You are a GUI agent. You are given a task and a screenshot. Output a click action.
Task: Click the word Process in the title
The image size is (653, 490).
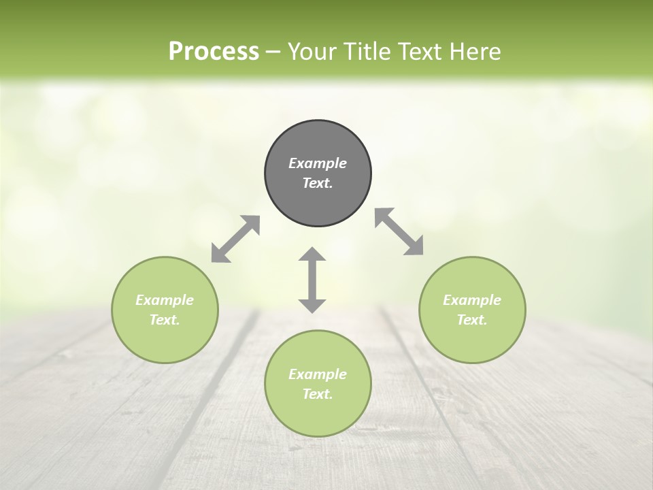coord(214,52)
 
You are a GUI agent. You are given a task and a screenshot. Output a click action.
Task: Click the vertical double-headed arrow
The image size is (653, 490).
coord(312,280)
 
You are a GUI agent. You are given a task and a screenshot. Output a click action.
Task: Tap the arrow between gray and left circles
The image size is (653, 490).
coord(235,239)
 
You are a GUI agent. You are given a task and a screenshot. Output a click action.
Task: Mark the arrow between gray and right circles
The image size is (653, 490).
coord(399,231)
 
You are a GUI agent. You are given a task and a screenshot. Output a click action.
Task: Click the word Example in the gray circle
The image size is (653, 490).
coord(318,163)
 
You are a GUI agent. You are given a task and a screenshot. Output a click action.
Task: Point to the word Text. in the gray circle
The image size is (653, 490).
coord(318,183)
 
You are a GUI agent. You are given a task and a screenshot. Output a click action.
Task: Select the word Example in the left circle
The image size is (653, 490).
coord(165,300)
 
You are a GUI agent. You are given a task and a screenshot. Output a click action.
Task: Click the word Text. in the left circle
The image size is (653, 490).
coord(165,320)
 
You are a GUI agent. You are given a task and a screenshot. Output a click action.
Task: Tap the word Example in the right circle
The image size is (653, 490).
coord(472,300)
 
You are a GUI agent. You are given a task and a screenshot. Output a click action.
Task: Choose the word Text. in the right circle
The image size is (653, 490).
coord(472,320)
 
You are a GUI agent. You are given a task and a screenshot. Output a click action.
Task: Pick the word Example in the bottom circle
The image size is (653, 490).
coord(318,374)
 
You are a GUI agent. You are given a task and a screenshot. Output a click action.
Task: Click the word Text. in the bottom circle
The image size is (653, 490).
coord(318,394)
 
